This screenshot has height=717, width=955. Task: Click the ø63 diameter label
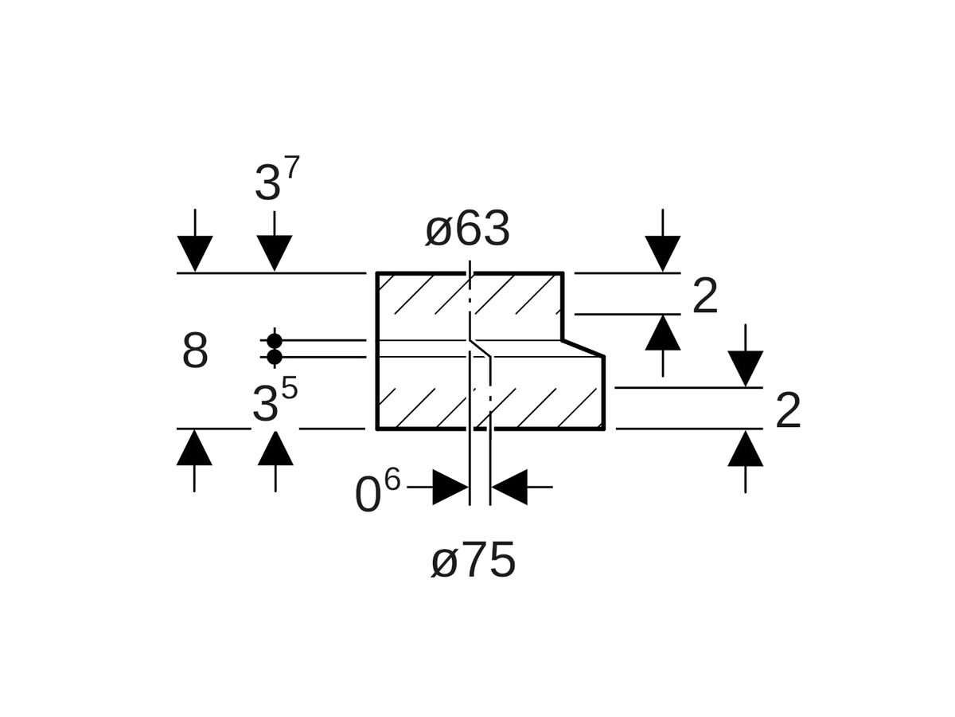[x=467, y=230]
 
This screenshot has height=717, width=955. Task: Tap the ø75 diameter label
[x=474, y=562]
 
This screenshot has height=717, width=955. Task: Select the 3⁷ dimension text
[x=277, y=181]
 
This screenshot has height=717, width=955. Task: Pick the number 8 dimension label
[x=195, y=351]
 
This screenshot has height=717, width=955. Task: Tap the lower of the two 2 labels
[x=788, y=412]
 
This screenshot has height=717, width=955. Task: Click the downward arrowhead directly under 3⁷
[x=275, y=253]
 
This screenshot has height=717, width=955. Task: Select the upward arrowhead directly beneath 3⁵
[x=275, y=449]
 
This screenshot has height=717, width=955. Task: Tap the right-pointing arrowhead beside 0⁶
[x=450, y=487]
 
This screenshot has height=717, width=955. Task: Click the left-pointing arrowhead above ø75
[x=509, y=487]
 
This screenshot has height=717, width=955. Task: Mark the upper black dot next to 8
[x=275, y=341]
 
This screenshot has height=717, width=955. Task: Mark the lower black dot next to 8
[x=275, y=357]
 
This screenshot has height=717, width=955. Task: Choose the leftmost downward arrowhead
[x=195, y=253]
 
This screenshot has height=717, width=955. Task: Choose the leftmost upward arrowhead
[x=194, y=449]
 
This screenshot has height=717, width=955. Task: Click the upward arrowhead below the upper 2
[x=663, y=334]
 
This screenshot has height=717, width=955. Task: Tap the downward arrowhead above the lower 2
[x=746, y=368]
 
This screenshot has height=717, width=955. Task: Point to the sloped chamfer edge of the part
[x=583, y=348]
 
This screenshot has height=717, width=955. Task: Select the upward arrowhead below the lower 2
[x=746, y=449]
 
